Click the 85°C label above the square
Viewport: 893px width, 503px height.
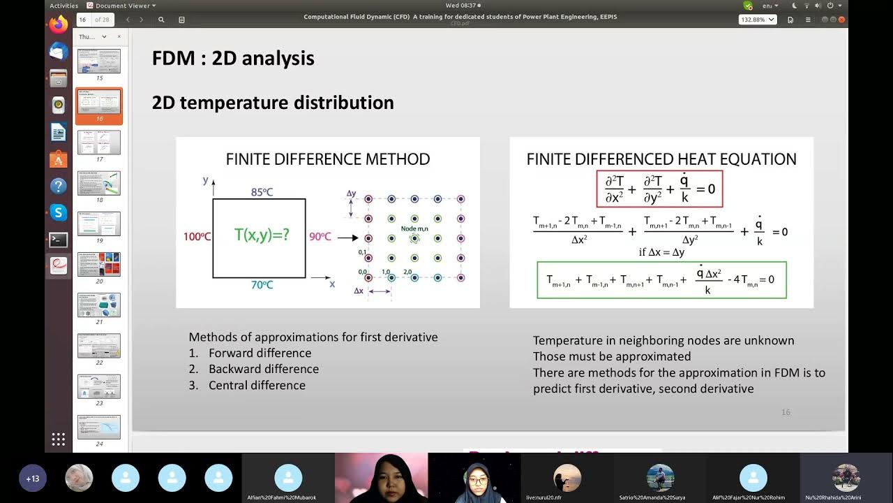click(x=262, y=192)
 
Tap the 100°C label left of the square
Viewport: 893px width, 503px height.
click(x=197, y=237)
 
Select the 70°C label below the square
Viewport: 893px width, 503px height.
click(x=262, y=285)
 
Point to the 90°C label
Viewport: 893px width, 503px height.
click(x=320, y=237)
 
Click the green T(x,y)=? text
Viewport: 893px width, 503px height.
click(x=262, y=235)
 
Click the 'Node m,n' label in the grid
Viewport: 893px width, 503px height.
click(x=414, y=228)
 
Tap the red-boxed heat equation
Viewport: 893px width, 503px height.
click(x=659, y=189)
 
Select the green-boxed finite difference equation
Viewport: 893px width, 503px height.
click(x=661, y=279)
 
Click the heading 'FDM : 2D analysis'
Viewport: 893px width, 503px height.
click(x=233, y=58)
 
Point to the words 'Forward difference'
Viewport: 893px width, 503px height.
click(x=260, y=353)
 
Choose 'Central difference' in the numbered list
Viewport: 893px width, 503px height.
click(x=257, y=385)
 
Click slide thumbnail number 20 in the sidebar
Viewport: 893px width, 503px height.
click(x=99, y=265)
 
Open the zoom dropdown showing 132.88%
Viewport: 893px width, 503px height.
click(x=757, y=20)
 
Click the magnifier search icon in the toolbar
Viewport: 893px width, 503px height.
click(x=161, y=20)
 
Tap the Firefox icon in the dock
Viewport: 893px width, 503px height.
click(x=59, y=24)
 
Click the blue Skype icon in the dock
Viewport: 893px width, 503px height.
click(x=59, y=212)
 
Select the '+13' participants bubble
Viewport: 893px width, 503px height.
click(x=32, y=479)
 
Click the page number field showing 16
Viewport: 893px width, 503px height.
click(x=83, y=20)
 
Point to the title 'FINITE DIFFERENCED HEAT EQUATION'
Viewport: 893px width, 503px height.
click(x=661, y=159)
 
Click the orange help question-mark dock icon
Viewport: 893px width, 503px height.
click(x=59, y=186)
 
